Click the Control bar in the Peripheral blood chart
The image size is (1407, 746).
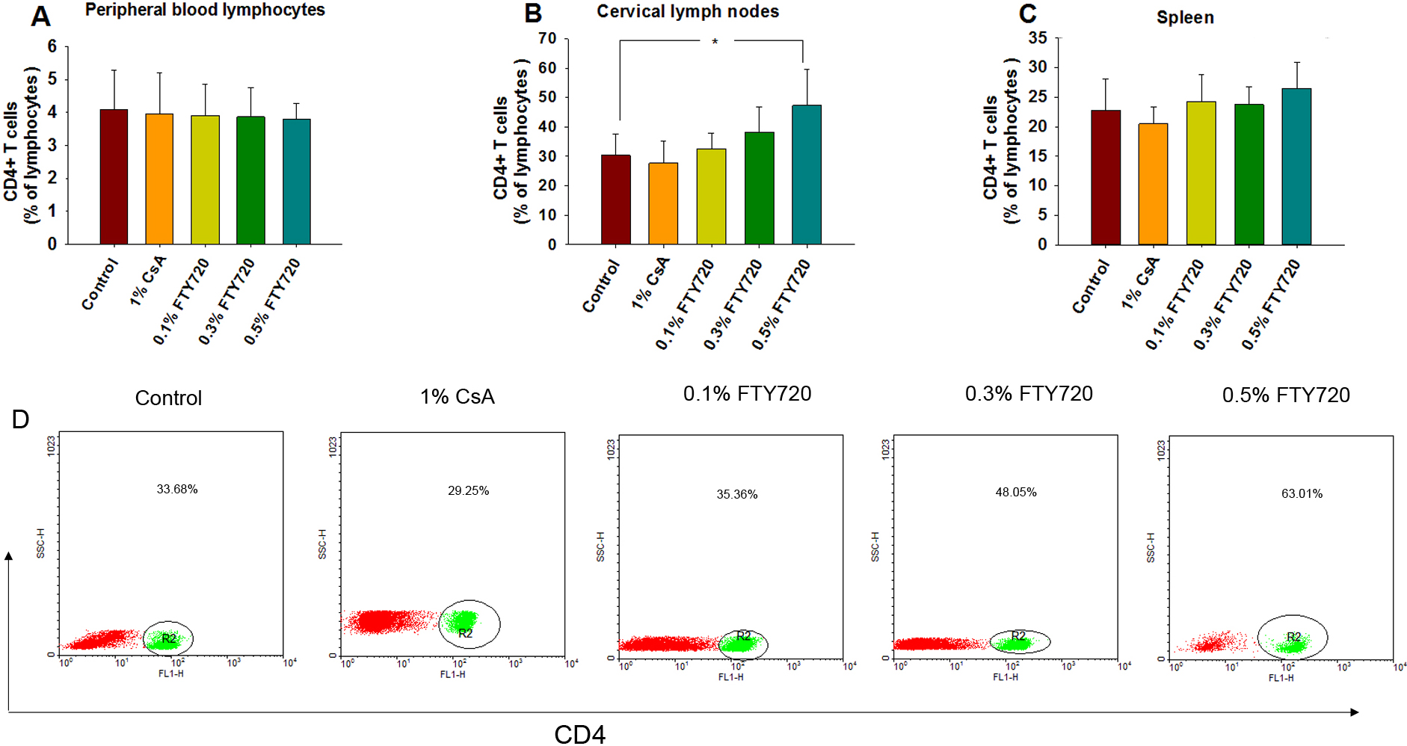[114, 177]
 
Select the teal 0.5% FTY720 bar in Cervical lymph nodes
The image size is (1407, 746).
[807, 175]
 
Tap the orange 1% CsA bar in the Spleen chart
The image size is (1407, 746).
[1153, 184]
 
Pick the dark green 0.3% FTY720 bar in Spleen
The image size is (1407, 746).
[1249, 174]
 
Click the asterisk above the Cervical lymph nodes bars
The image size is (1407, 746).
[715, 42]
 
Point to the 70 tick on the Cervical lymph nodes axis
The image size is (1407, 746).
[548, 39]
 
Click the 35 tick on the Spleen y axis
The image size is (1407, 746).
[1038, 38]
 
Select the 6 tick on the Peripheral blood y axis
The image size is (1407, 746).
[52, 46]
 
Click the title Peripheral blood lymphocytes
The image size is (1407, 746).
[205, 10]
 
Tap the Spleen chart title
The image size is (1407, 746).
[1185, 18]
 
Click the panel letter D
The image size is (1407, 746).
[20, 419]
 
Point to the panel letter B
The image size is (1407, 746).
[533, 13]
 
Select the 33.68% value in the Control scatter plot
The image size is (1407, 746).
[177, 490]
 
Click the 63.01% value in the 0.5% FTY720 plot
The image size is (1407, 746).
[1302, 494]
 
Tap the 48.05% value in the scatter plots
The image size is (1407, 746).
[1016, 493]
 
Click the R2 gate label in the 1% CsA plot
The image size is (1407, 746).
[466, 633]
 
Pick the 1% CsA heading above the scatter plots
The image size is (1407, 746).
[458, 397]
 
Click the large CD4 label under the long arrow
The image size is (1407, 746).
[579, 734]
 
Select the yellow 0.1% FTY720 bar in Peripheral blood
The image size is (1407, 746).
[205, 180]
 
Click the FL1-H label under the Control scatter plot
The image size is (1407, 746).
[171, 673]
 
